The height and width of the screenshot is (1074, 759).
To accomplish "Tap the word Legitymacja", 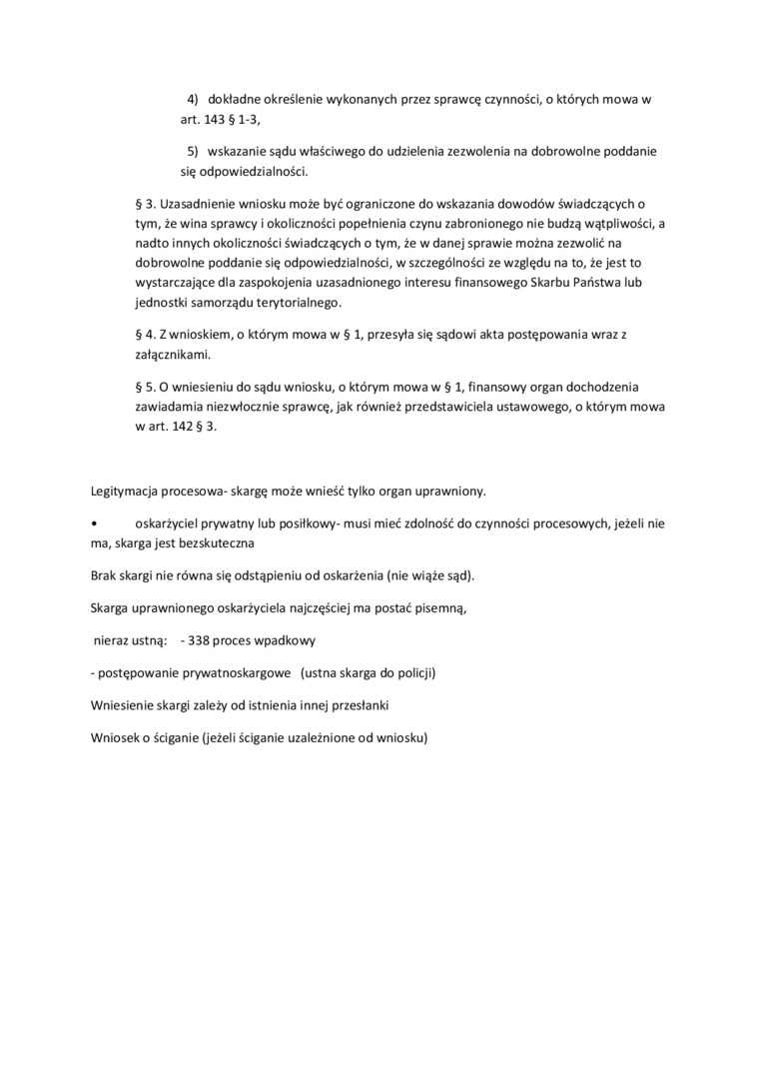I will tap(123, 491).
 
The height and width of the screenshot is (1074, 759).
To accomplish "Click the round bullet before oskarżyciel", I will tap(93, 524).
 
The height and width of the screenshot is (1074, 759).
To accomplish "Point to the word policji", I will tap(413, 672).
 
